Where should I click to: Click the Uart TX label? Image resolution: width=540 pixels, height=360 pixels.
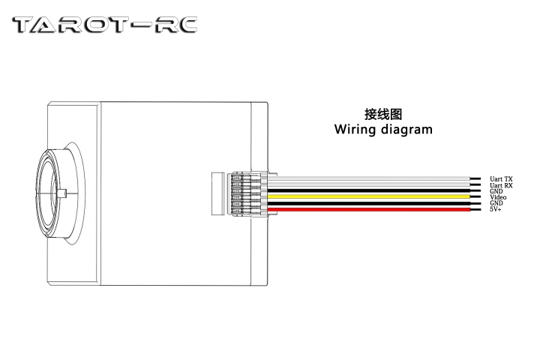(501, 179)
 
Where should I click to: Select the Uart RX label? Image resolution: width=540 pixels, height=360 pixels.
(501, 185)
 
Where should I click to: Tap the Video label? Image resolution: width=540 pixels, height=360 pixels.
(498, 197)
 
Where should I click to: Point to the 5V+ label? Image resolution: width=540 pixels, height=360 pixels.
(496, 209)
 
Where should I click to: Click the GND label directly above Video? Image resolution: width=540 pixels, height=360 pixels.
(496, 191)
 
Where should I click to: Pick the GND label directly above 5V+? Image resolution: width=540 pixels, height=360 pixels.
(496, 203)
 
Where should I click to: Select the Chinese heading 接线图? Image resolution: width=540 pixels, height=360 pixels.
(383, 115)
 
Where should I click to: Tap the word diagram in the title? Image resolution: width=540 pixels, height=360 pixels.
(408, 130)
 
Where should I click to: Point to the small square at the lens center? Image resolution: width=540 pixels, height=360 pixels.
(65, 195)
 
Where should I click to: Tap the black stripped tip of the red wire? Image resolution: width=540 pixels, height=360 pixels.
(475, 209)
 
